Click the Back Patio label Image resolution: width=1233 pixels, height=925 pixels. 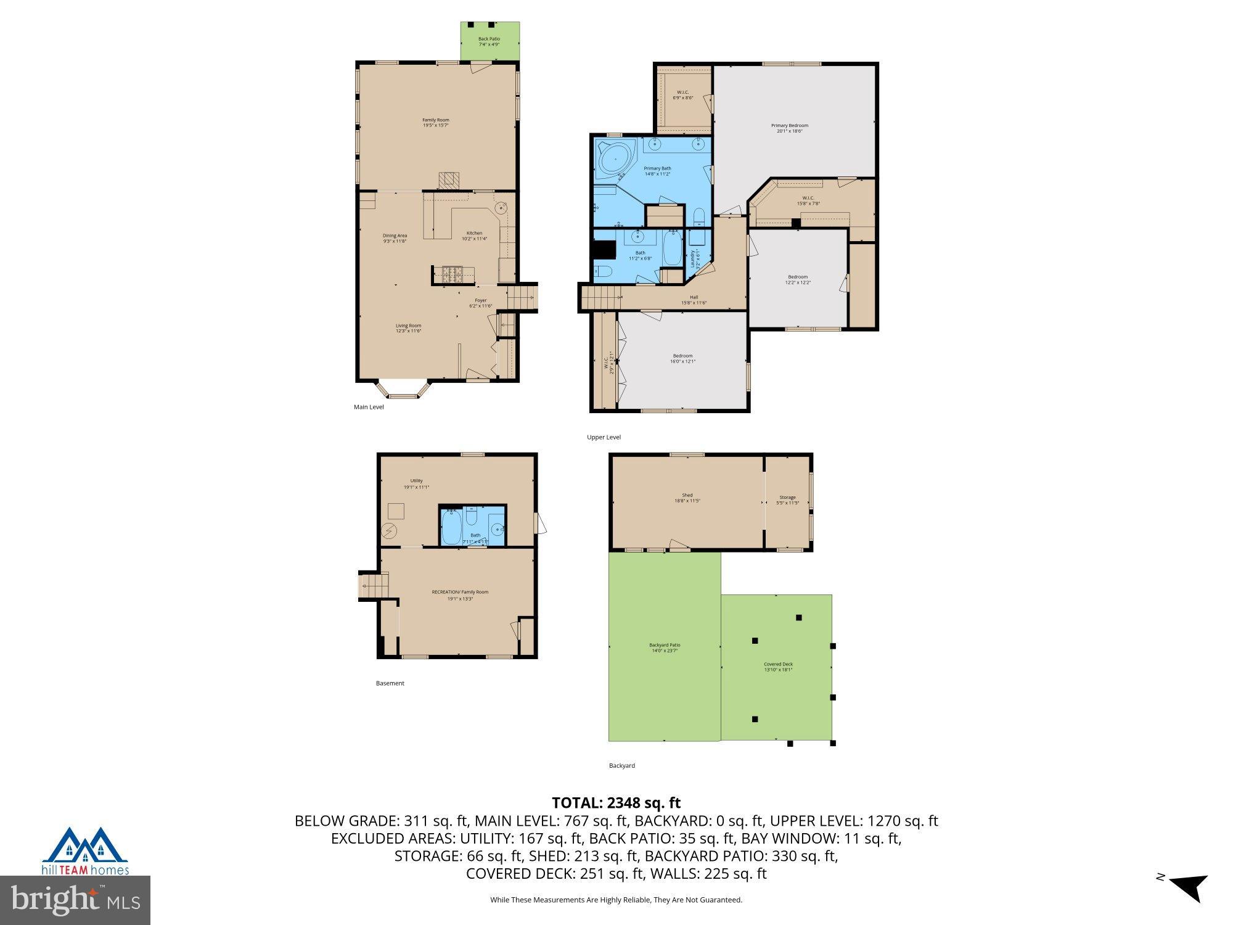(489, 41)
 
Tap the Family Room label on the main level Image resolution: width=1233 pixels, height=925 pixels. (435, 122)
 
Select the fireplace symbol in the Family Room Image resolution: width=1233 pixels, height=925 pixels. (449, 180)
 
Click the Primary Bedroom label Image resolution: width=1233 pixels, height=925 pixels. (789, 128)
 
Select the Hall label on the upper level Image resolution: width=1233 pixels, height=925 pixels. (694, 300)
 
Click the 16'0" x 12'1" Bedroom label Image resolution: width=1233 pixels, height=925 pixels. (682, 358)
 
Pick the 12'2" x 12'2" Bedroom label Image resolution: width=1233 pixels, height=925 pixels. (797, 279)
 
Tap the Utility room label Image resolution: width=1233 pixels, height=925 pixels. (416, 483)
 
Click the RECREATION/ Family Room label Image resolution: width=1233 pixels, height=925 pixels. (460, 594)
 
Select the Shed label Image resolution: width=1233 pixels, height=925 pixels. (687, 498)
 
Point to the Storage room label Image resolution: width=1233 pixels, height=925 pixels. (787, 499)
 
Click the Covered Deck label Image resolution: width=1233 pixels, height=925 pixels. (778, 667)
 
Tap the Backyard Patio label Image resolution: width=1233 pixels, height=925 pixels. (665, 647)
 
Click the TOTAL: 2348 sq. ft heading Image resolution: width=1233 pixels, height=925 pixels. (616, 803)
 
